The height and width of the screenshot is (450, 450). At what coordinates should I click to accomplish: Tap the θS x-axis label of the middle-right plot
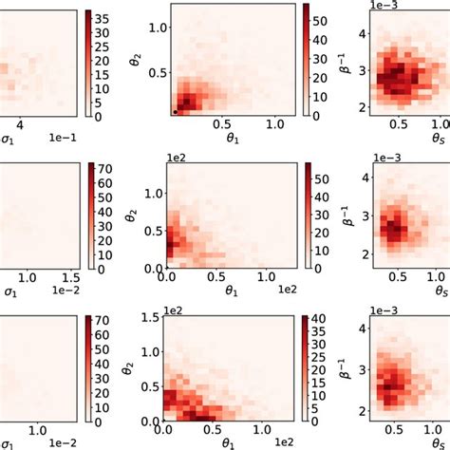(440, 293)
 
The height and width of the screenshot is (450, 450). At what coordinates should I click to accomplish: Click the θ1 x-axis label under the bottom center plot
(255, 442)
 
